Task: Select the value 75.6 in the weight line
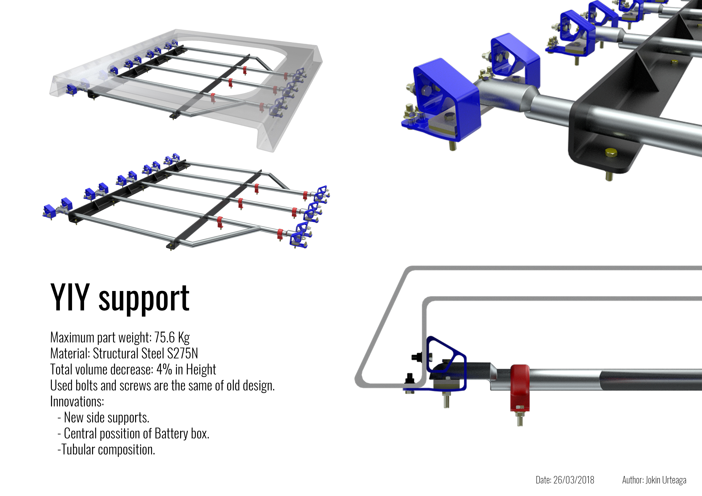(164, 337)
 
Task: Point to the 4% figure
(164, 369)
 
